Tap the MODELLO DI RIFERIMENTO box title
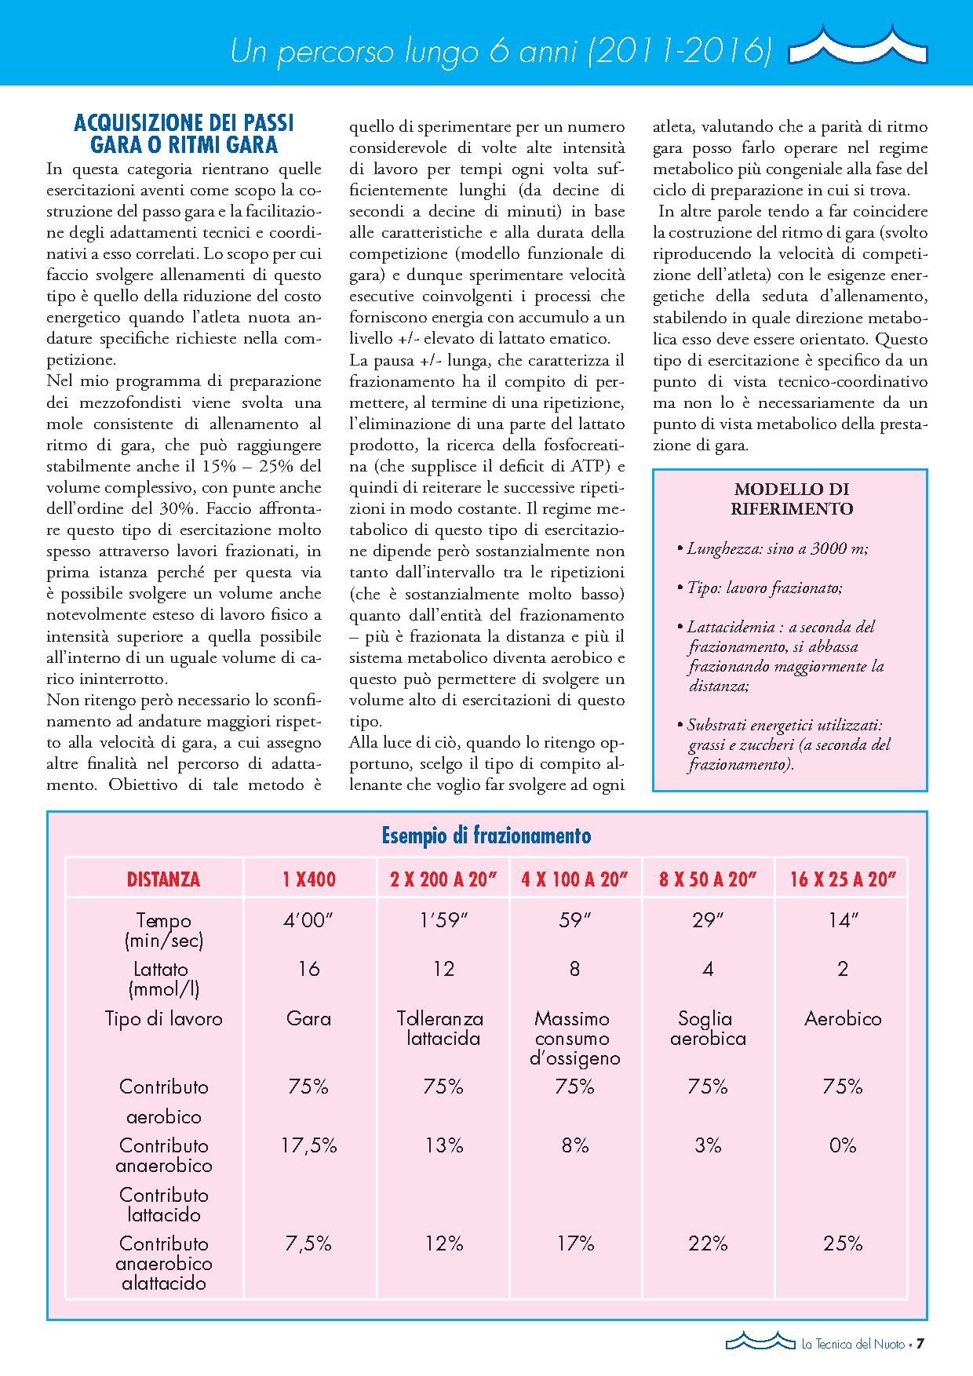click(x=791, y=498)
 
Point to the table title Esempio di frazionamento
click(x=486, y=835)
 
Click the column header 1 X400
click(x=309, y=879)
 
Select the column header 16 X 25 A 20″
click(x=843, y=879)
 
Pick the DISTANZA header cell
click(x=163, y=879)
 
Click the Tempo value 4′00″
click(x=309, y=920)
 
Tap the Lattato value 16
click(x=309, y=969)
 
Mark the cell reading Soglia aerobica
click(x=707, y=1028)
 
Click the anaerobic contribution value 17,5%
click(x=309, y=1145)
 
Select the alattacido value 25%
click(x=843, y=1243)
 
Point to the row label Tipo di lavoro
click(x=163, y=1019)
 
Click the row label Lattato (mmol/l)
click(x=163, y=978)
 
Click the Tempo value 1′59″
click(x=444, y=920)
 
